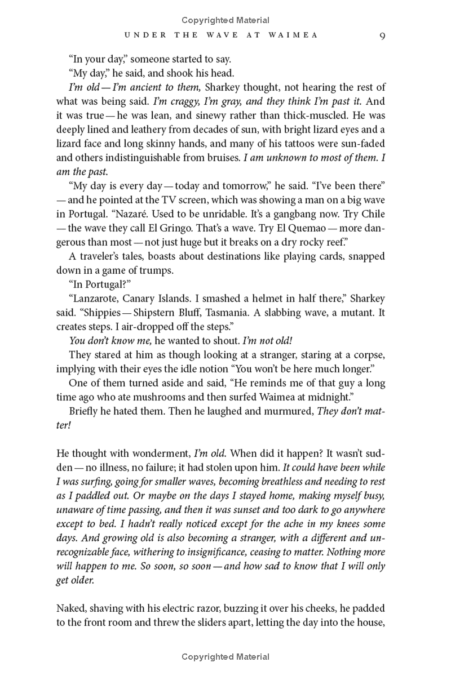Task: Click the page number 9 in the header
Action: point(382,35)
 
